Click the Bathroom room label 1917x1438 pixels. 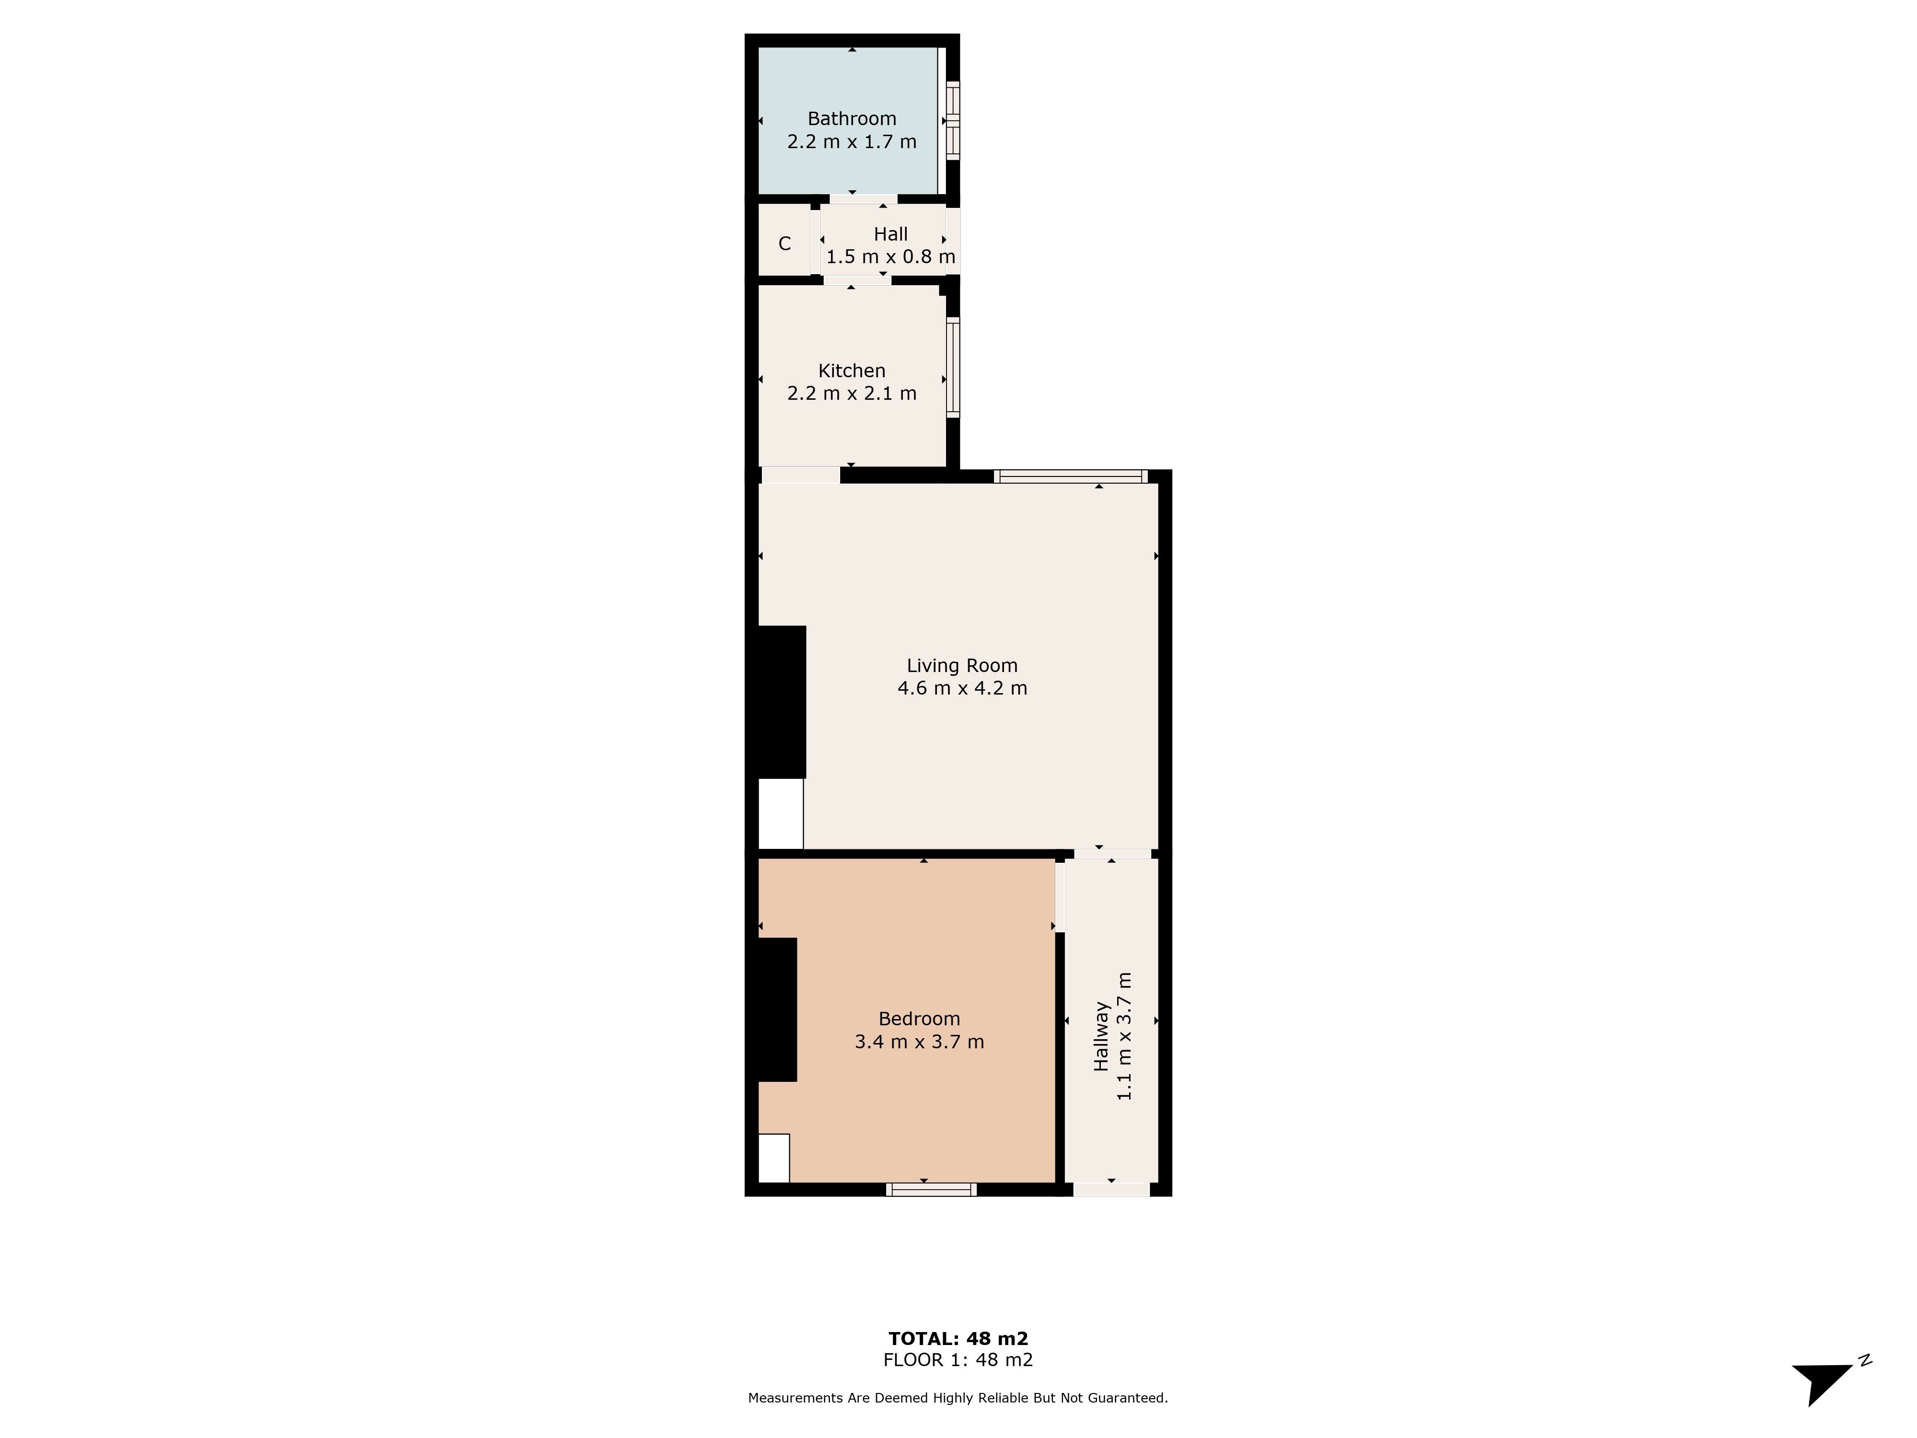pos(852,119)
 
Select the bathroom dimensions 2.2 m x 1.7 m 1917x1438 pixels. pos(852,141)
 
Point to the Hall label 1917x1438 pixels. pos(891,234)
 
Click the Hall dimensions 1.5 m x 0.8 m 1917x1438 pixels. pos(891,256)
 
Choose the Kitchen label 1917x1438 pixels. pos(852,371)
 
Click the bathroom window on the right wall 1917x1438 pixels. pos(953,120)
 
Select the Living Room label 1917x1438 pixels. pos(962,666)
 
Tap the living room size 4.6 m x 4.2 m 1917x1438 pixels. pos(962,688)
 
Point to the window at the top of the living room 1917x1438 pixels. pos(1071,476)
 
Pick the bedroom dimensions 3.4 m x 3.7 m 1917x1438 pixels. pos(920,1042)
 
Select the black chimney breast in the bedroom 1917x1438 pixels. pos(777,1010)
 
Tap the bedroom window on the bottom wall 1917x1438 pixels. pos(932,1189)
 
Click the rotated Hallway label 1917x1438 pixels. pos(1101,1037)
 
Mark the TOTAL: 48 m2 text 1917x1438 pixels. pos(958,1339)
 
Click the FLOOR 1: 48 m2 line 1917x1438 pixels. pos(958,1360)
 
